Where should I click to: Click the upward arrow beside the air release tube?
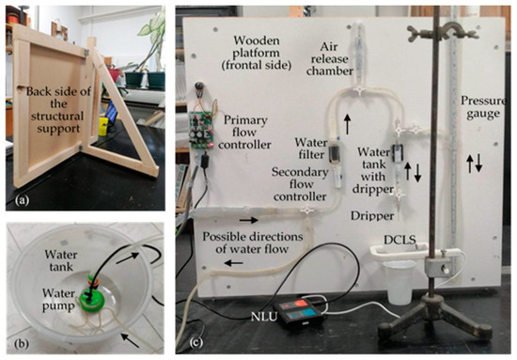350,122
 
